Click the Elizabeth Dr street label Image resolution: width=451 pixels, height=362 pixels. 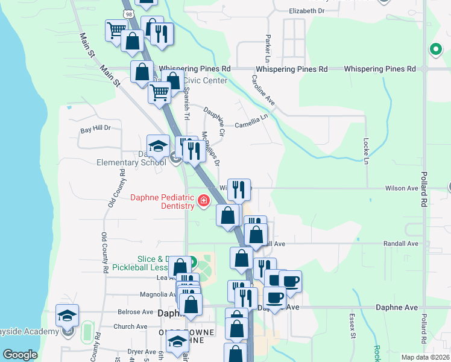tap(307, 11)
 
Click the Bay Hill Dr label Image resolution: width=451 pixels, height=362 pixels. tap(96, 129)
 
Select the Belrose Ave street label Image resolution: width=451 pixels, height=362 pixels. tap(136, 312)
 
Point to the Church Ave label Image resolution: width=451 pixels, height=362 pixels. tap(131, 327)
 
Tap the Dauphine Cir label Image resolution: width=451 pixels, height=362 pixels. tap(214, 121)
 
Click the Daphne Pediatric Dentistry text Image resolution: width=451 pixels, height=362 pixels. tap(163, 202)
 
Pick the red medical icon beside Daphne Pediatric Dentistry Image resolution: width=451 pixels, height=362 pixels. tap(204, 200)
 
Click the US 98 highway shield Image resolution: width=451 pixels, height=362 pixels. tap(128, 13)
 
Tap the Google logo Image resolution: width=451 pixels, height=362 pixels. tap(20, 355)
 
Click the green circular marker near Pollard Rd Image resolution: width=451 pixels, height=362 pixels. tap(434, 50)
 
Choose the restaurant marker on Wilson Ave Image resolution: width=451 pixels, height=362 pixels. tap(239, 189)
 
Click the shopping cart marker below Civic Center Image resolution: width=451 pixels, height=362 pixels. tap(159, 94)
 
